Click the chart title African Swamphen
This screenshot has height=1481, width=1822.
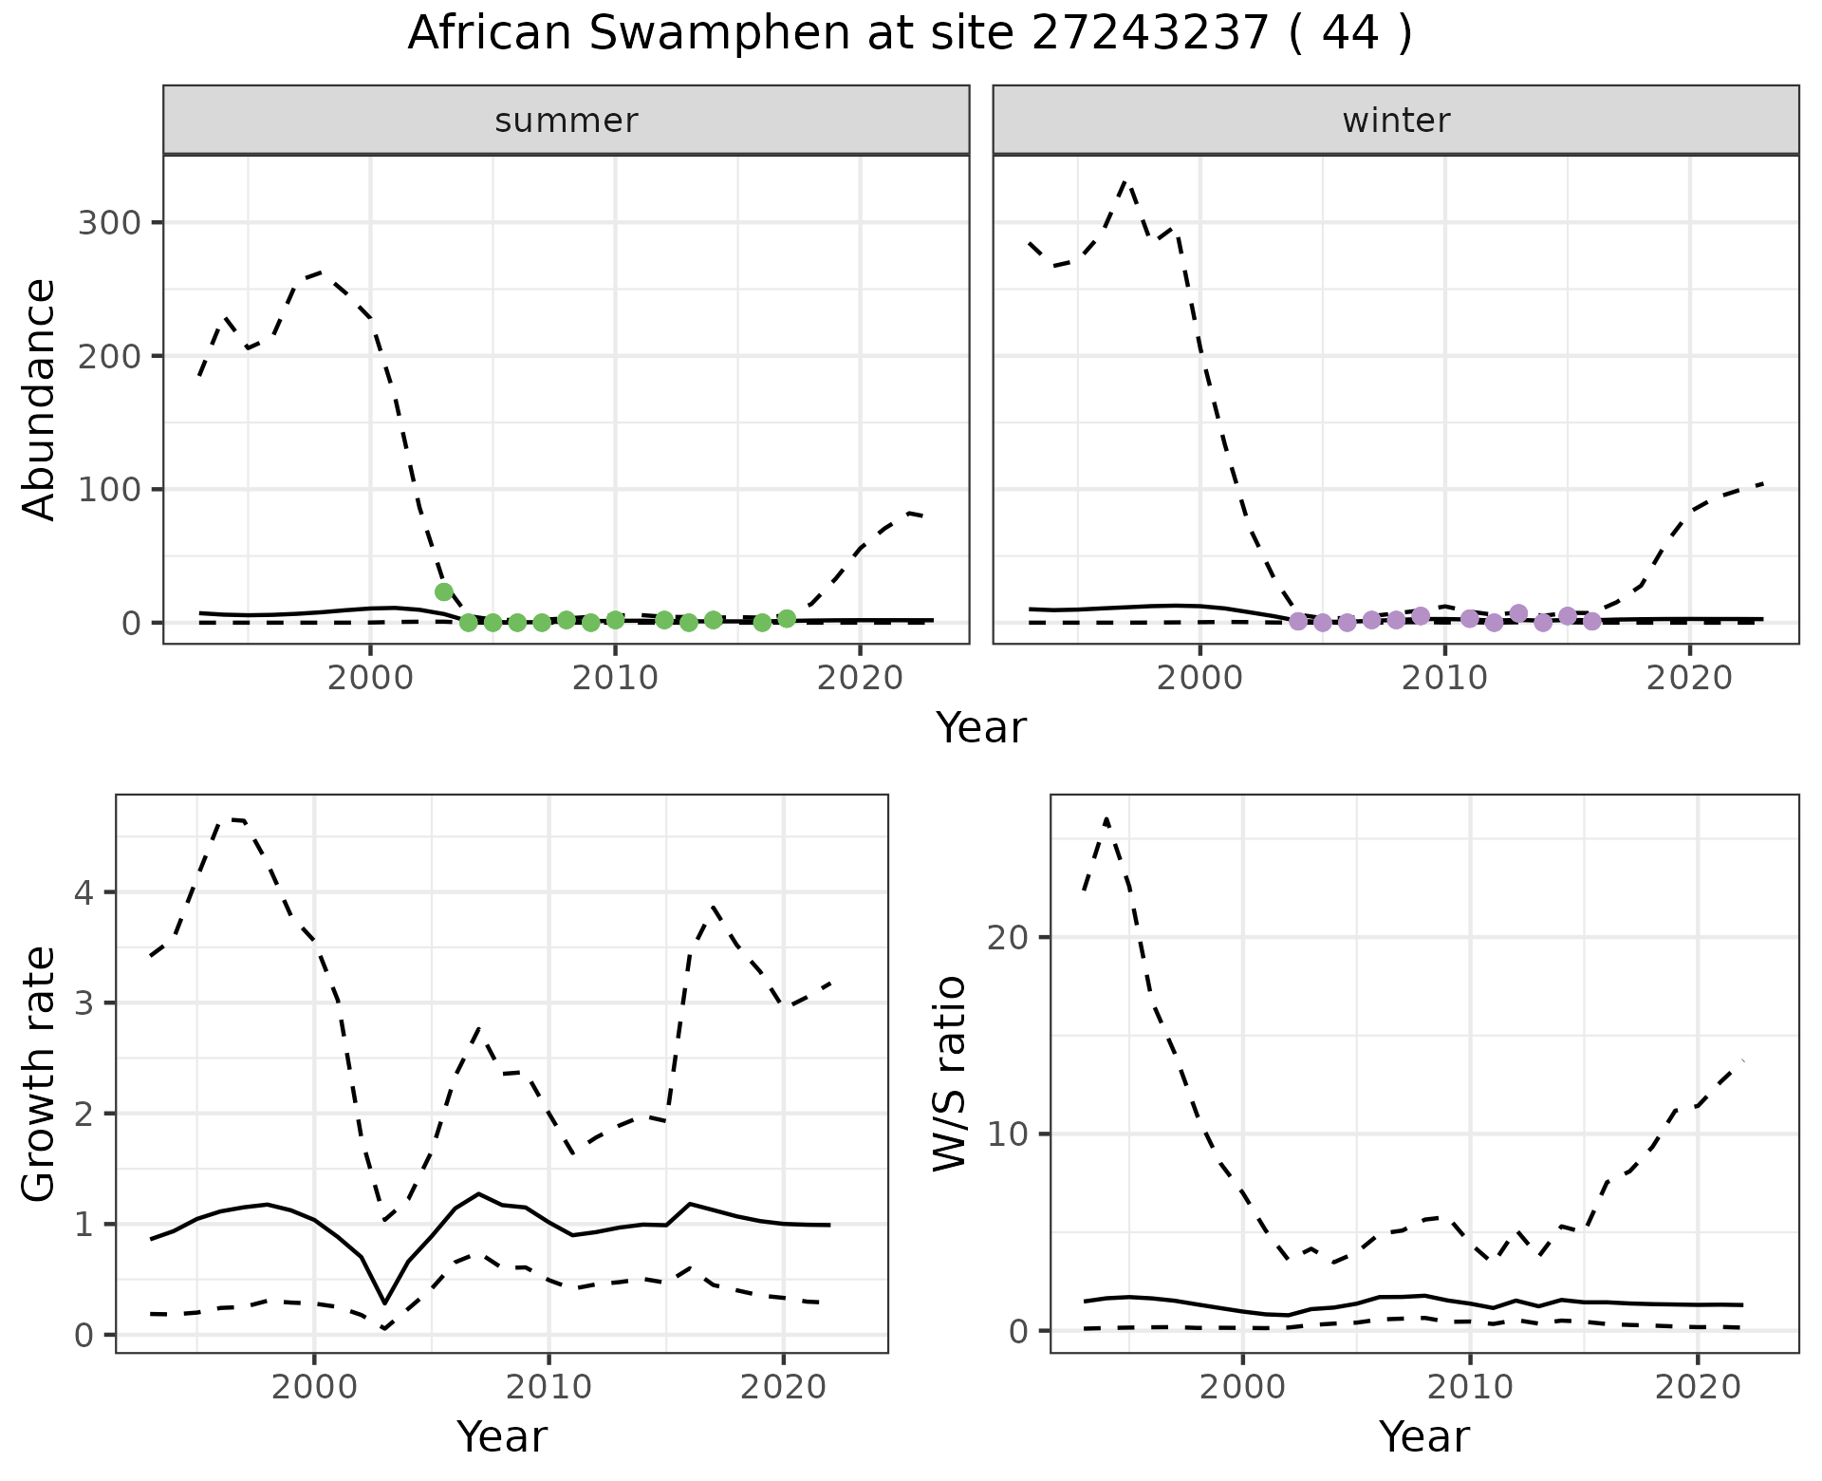(909, 34)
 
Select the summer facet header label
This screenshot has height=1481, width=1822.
(567, 121)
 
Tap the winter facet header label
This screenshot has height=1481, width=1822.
(1396, 121)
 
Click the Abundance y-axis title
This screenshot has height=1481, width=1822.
(40, 400)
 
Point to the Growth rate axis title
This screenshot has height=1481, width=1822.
(40, 1075)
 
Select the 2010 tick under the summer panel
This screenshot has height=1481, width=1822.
(615, 678)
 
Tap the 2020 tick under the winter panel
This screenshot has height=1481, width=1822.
(1689, 678)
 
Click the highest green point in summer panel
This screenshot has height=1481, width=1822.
(443, 592)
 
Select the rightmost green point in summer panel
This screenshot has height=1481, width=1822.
(787, 619)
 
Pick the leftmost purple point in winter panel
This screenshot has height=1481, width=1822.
(1298, 621)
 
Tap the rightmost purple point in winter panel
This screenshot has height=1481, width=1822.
(1592, 621)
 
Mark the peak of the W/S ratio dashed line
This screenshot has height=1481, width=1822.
(1106, 818)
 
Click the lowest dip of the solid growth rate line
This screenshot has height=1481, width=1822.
(384, 1303)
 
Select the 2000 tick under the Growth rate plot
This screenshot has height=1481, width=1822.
(314, 1387)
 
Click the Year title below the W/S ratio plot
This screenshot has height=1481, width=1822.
(1424, 1436)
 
